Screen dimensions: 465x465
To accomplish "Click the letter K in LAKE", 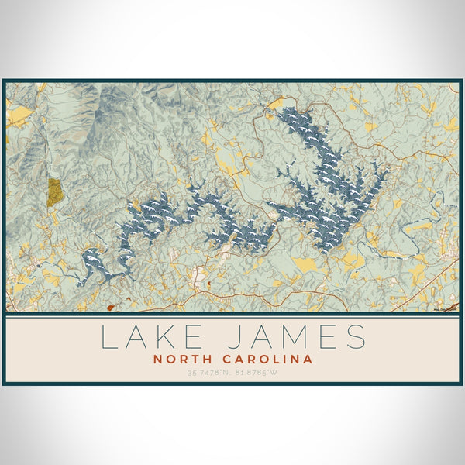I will click(165, 337).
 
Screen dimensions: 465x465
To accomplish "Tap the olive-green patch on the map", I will click(55, 191).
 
